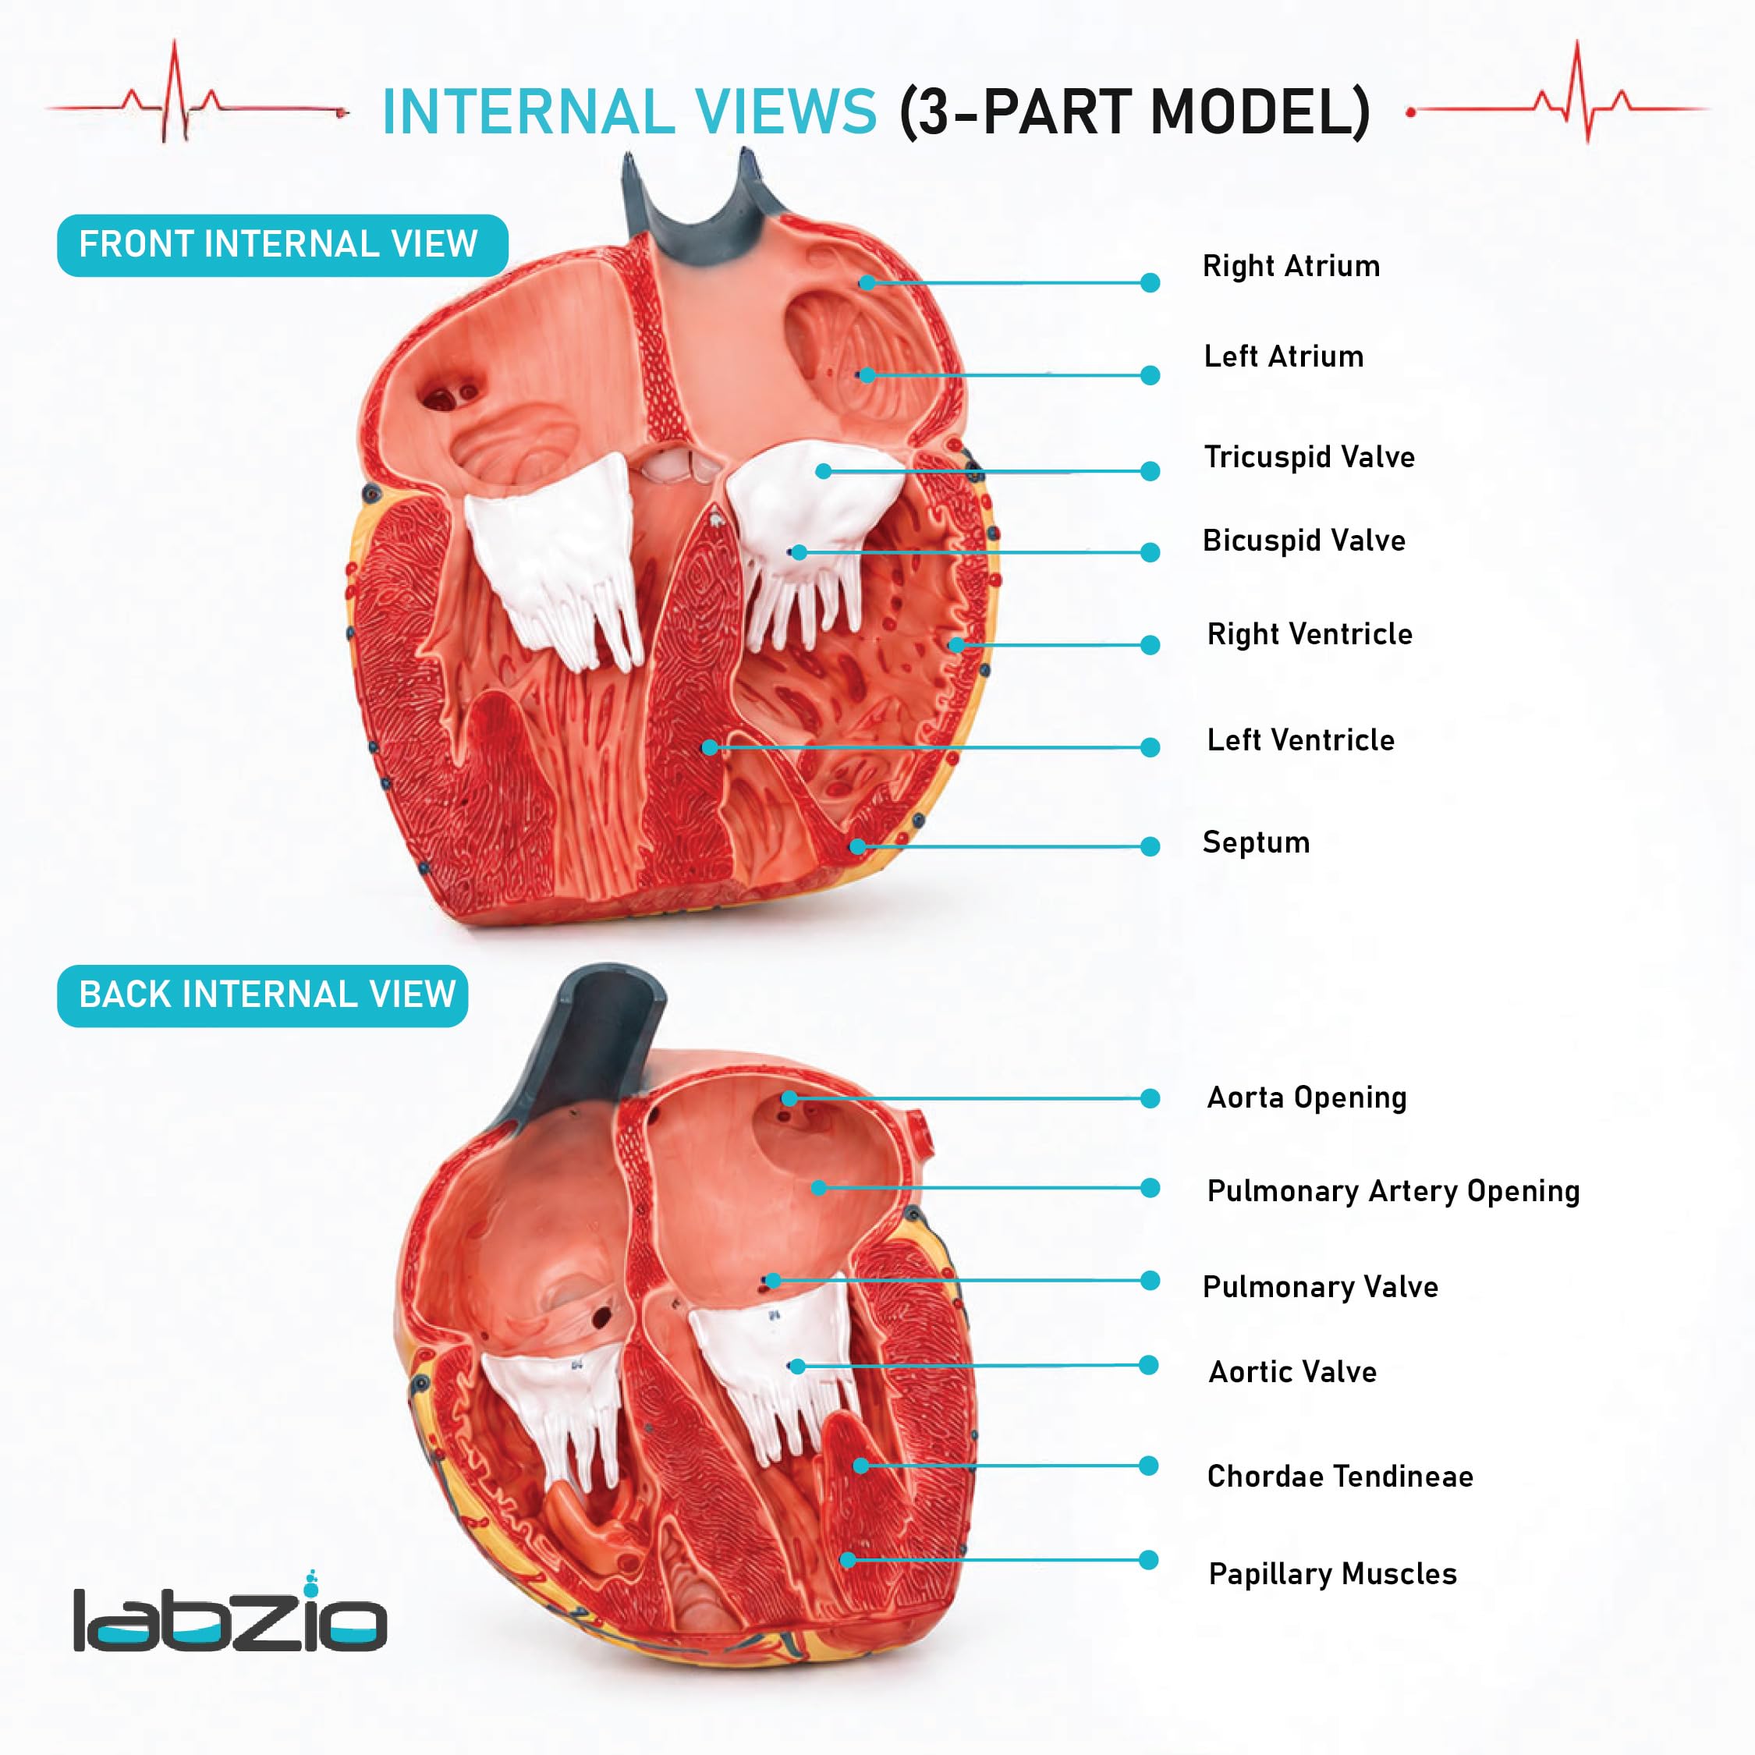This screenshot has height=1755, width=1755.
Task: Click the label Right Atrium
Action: click(x=1291, y=266)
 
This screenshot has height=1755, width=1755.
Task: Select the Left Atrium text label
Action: click(x=1284, y=356)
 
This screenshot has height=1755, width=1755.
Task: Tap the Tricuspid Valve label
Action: click(x=1309, y=456)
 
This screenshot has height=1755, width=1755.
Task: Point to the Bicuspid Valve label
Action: click(x=1303, y=541)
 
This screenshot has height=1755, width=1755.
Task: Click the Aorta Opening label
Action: click(x=1306, y=1097)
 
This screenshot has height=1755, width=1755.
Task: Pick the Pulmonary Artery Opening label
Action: click(x=1393, y=1191)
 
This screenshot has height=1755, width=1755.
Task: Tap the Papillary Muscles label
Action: click(x=1332, y=1573)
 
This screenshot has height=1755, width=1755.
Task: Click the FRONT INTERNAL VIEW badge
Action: click(x=282, y=245)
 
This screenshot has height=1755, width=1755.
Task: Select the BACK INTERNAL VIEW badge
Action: click(x=263, y=995)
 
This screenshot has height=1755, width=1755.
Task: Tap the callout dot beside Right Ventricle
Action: click(x=1150, y=645)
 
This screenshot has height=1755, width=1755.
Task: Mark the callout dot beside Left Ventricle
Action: click(x=1150, y=747)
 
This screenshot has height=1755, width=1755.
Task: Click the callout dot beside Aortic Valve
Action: click(x=1149, y=1365)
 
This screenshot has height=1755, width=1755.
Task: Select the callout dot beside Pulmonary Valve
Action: click(x=1150, y=1281)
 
